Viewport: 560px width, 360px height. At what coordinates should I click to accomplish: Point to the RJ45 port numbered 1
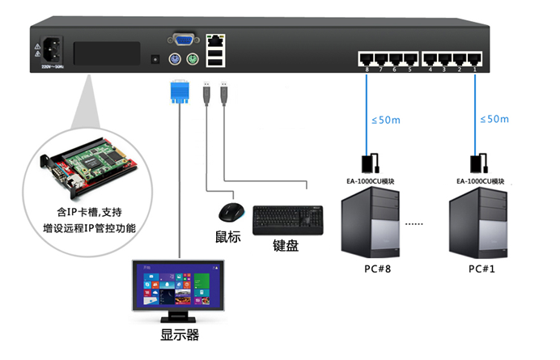coord(474,58)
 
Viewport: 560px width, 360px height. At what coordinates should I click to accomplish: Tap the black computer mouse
coord(230,212)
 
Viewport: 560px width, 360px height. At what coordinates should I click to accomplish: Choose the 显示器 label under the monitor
coord(180,335)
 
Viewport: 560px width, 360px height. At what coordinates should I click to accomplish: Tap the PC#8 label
coord(371,268)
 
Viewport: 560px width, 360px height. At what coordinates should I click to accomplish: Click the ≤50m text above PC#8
coord(385,120)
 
